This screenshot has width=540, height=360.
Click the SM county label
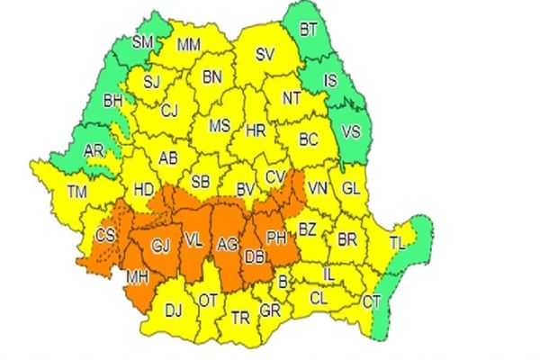tap(143, 41)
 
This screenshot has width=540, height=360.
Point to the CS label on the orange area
tap(103, 237)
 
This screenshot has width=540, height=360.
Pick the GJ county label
tap(160, 244)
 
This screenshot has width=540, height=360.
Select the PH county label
tap(276, 238)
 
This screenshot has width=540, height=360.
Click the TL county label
tap(397, 243)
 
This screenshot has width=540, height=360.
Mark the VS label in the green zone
tap(351, 131)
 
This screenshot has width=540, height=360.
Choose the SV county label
tap(264, 55)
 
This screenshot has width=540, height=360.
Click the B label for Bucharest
tap(283, 283)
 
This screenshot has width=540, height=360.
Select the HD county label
tap(143, 190)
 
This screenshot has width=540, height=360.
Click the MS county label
tap(220, 126)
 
